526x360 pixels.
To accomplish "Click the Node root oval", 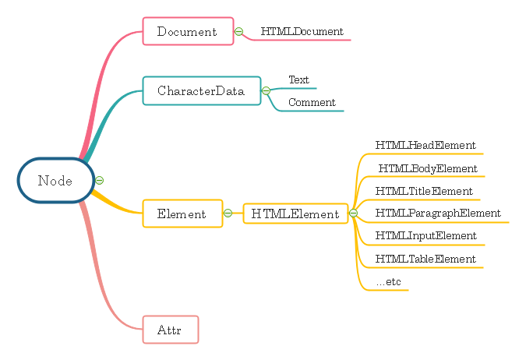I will (55, 181).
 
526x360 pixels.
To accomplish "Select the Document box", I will (188, 32).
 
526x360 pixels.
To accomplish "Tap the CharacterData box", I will (201, 91).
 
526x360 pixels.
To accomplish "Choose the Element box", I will (182, 214).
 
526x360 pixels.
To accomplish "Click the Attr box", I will (171, 330).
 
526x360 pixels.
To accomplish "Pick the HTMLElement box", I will (295, 214).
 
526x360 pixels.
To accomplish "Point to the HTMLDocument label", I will (302, 32).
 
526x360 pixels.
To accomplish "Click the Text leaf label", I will (298, 79).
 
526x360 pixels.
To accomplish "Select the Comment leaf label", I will (312, 102).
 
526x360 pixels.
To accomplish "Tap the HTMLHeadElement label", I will (425, 145).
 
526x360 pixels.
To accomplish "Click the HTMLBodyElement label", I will (428, 168).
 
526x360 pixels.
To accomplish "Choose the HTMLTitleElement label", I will (424, 191).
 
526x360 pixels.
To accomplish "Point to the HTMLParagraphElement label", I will (438, 214).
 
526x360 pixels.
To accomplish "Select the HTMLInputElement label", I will (425, 236).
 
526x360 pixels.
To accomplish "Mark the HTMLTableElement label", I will (425, 259).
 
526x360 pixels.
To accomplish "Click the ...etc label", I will (388, 282).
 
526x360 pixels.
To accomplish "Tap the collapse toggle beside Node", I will (100, 181).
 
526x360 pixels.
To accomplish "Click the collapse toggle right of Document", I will (239, 32).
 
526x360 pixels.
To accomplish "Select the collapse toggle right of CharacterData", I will (266, 91).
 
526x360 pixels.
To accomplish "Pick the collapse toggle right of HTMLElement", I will (353, 213).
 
